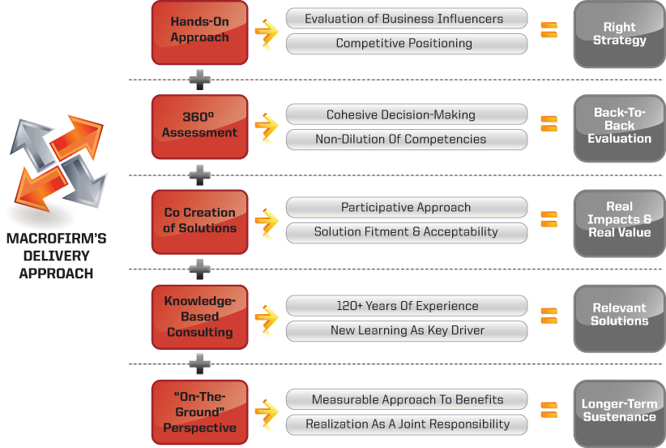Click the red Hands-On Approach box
[x=199, y=32]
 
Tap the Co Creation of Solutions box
[x=199, y=221]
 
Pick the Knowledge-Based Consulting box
[x=199, y=317]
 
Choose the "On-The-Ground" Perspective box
[x=199, y=412]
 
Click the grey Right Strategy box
[x=619, y=33]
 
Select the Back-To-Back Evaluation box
[x=619, y=126]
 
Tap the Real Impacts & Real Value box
[x=619, y=220]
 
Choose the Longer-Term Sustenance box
[x=619, y=411]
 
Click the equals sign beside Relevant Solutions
[x=549, y=315]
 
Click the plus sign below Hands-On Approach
[x=199, y=80]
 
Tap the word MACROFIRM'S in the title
[x=56, y=239]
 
